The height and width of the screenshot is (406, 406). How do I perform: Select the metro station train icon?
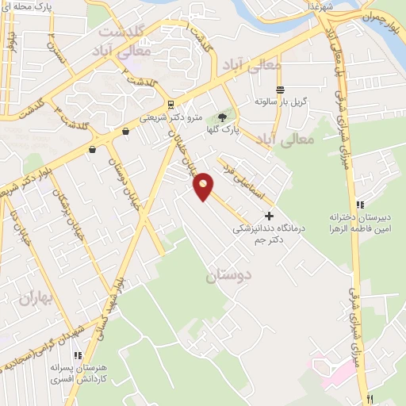click(171, 104)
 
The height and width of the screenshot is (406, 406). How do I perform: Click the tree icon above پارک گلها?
click(232, 117)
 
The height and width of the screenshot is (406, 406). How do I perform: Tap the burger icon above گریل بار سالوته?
click(279, 90)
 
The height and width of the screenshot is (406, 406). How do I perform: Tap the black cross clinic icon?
click(269, 215)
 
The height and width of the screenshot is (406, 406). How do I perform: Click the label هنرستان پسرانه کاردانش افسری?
click(81, 373)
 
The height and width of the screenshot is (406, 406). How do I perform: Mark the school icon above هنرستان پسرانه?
click(78, 357)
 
